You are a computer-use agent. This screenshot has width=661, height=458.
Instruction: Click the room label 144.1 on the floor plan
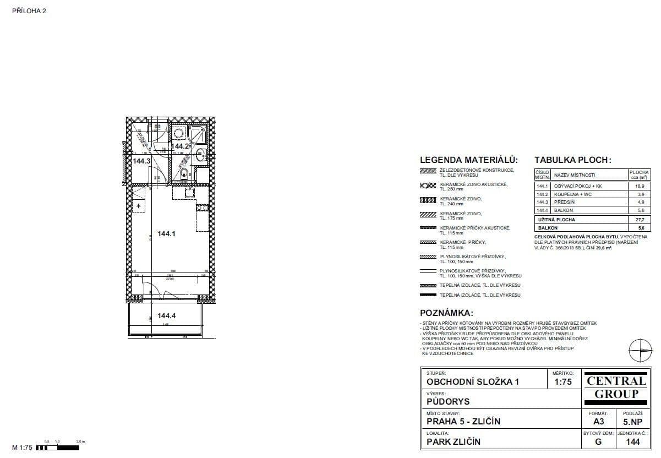(166, 233)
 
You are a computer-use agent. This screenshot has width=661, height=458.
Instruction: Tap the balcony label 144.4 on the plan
(166, 316)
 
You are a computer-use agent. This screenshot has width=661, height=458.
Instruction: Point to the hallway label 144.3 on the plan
(141, 161)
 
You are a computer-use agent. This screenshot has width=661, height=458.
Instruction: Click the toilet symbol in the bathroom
(183, 175)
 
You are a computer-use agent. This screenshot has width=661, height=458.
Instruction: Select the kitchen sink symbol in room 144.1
(190, 192)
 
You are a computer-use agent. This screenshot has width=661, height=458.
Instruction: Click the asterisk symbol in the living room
(139, 206)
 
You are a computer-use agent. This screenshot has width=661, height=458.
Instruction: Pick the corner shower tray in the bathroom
(197, 134)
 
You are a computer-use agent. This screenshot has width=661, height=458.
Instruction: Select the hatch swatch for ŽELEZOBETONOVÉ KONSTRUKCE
(428, 172)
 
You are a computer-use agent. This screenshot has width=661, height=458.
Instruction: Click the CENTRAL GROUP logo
(616, 387)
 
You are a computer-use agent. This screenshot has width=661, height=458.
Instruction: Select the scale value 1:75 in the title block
(562, 382)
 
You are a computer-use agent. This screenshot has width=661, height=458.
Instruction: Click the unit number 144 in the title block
(633, 441)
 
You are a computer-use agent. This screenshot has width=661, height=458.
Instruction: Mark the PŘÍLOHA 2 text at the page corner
(29, 10)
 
